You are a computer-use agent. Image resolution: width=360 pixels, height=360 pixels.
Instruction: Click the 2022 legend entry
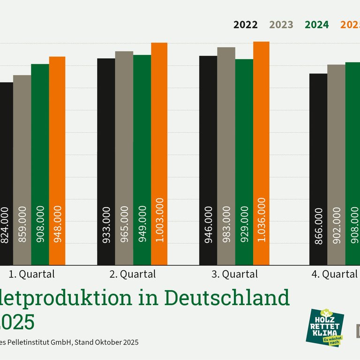246,25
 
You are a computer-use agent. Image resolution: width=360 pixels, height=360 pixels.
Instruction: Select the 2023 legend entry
281,25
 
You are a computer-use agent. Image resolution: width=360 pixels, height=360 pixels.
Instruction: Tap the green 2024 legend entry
317,25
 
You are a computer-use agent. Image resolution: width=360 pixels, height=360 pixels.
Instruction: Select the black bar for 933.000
106,161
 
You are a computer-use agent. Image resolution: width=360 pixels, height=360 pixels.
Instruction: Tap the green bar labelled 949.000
142,160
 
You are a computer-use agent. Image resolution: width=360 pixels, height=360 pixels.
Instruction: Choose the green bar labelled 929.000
244,162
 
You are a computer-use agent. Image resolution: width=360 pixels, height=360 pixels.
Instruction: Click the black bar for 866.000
318,169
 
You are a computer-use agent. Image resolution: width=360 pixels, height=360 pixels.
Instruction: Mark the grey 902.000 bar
336,165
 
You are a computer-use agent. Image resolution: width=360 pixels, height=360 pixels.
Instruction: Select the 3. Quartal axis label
235,274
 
